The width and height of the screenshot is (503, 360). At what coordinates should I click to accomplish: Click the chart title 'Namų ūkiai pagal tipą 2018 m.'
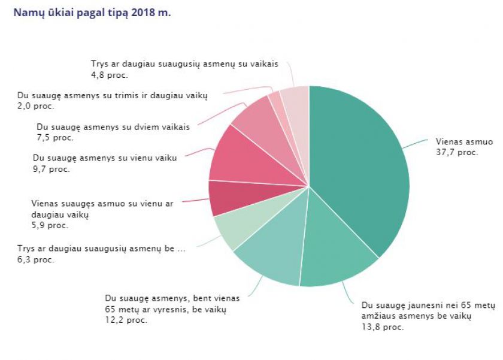[x=92, y=13]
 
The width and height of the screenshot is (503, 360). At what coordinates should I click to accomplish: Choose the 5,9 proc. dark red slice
[x=225, y=198]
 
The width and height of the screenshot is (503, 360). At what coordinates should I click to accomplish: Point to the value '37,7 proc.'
[x=456, y=152]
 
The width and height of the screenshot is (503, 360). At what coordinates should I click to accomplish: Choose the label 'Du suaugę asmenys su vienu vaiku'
[x=105, y=159]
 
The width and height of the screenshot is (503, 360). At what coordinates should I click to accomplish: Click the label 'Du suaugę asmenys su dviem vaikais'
[x=113, y=127]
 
